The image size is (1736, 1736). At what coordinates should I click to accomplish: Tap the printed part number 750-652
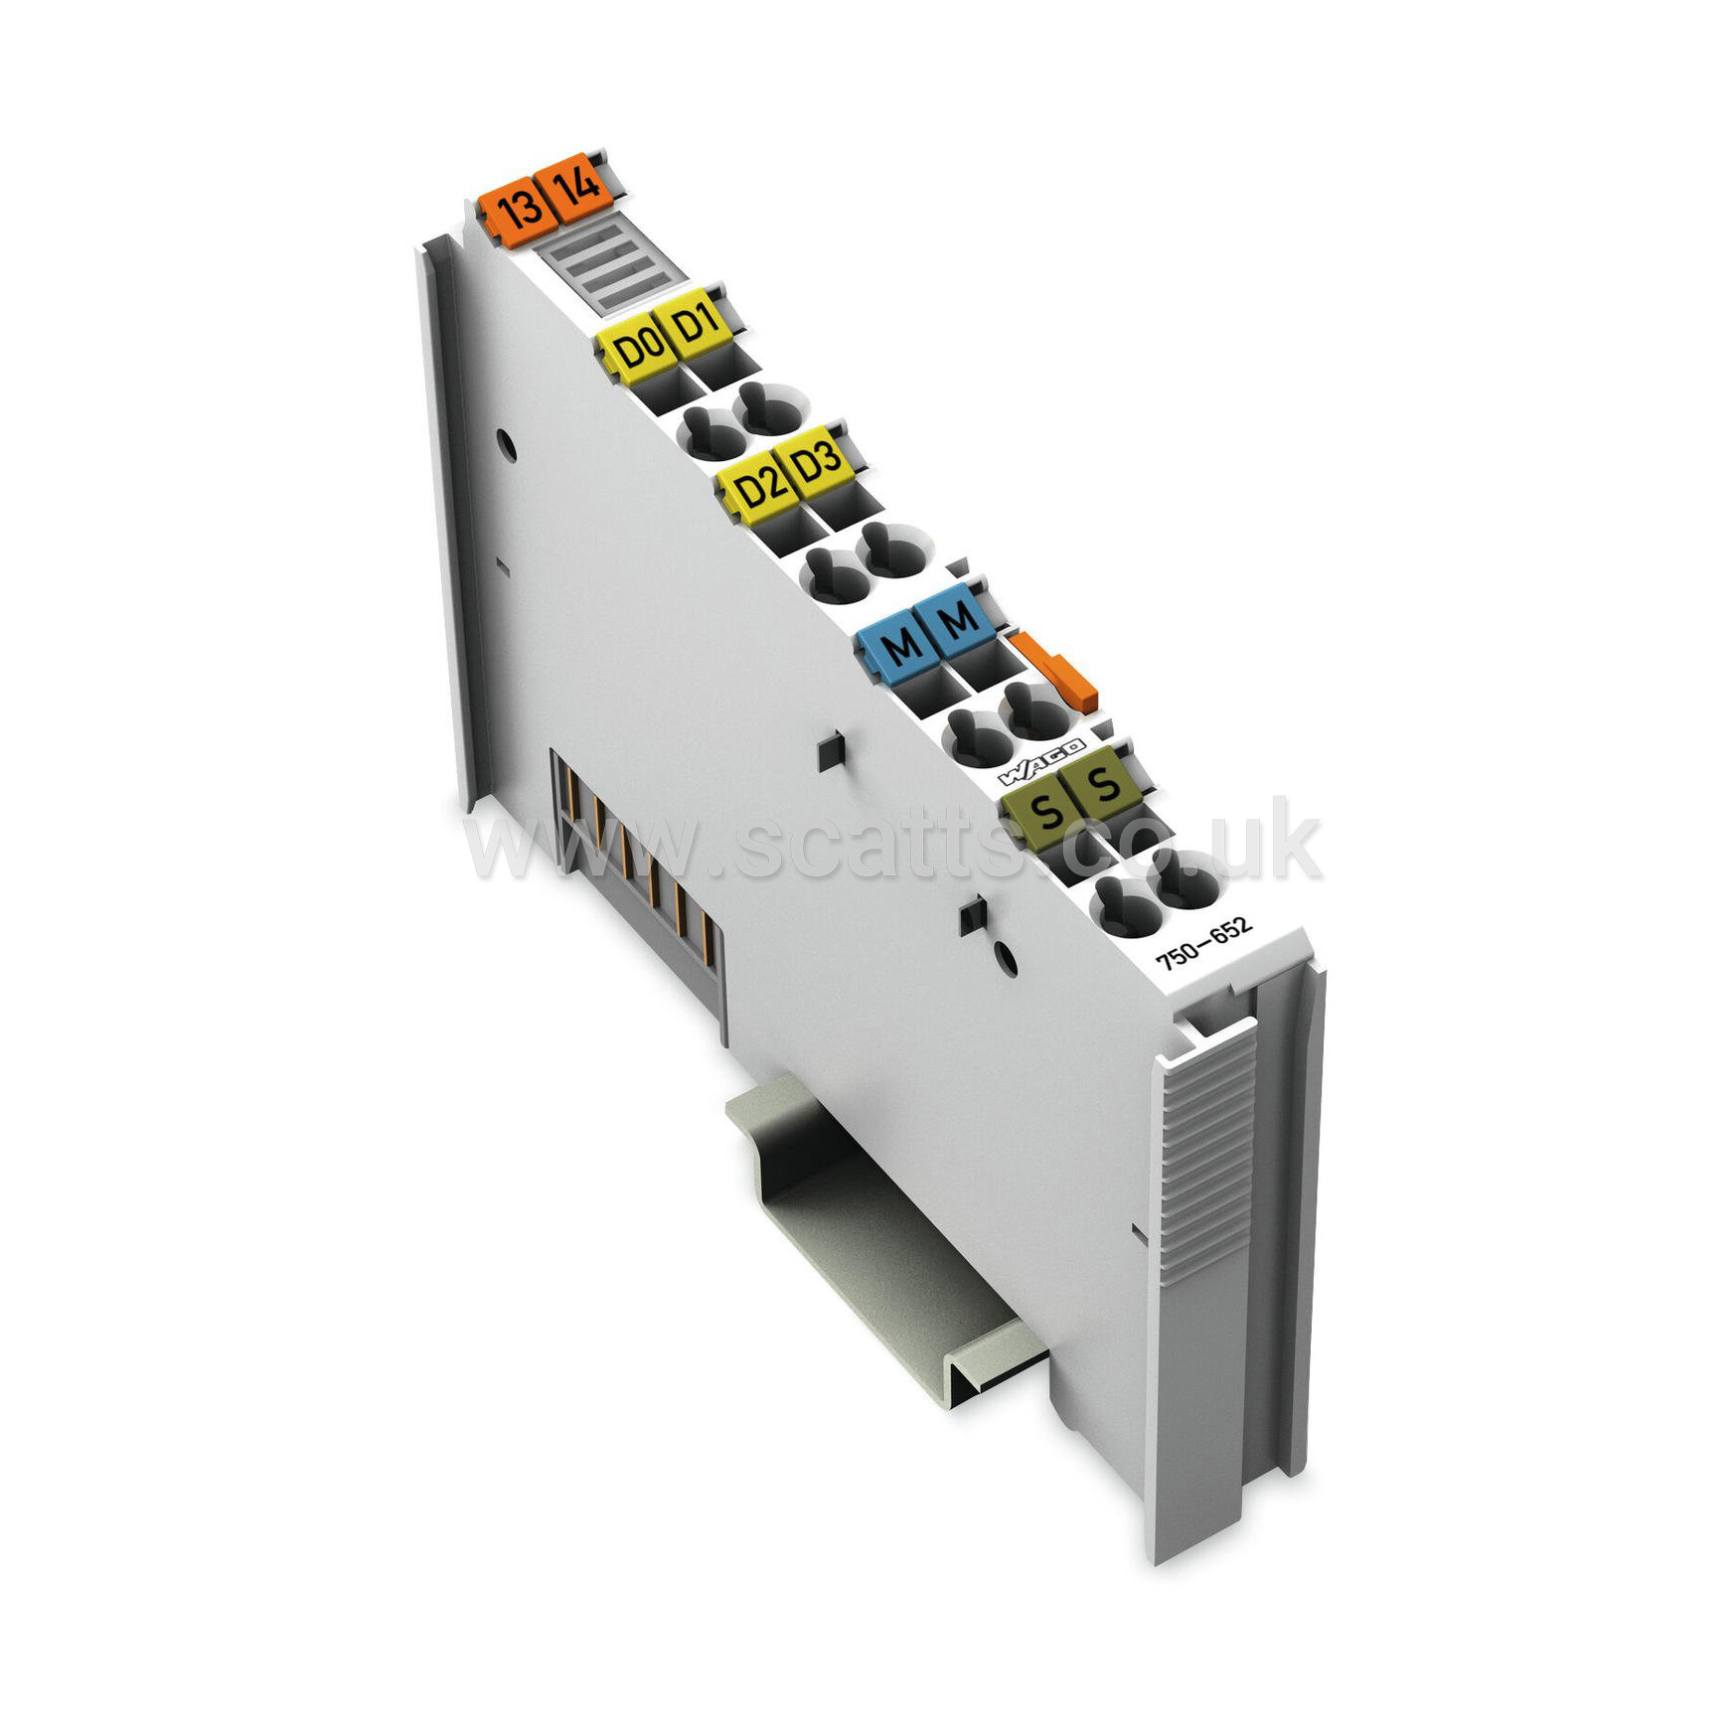pyautogui.click(x=1202, y=943)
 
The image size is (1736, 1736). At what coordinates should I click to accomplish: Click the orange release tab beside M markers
pyautogui.click(x=1053, y=669)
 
